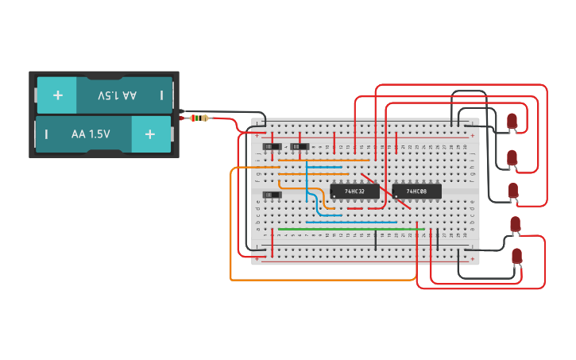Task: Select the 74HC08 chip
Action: pyautogui.click(x=416, y=192)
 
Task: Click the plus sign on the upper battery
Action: pyautogui.click(x=57, y=95)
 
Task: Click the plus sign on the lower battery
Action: pyautogui.click(x=150, y=134)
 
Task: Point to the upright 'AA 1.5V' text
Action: pyautogui.click(x=91, y=134)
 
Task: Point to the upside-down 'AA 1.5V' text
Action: pyautogui.click(x=117, y=95)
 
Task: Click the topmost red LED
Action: pyautogui.click(x=512, y=121)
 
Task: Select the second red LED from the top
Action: pyautogui.click(x=512, y=157)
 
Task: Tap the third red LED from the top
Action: pyautogui.click(x=513, y=191)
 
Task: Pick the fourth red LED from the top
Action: pyautogui.click(x=515, y=223)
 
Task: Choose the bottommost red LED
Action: pyautogui.click(x=516, y=256)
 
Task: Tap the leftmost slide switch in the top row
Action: pyautogui.click(x=273, y=147)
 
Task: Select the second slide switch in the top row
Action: pyautogui.click(x=300, y=147)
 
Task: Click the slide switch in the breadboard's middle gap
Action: pyautogui.click(x=272, y=195)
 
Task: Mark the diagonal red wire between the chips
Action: pyautogui.click(x=385, y=191)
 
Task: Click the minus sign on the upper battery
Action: pyautogui.click(x=161, y=95)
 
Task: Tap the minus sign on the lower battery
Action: pyautogui.click(x=46, y=134)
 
